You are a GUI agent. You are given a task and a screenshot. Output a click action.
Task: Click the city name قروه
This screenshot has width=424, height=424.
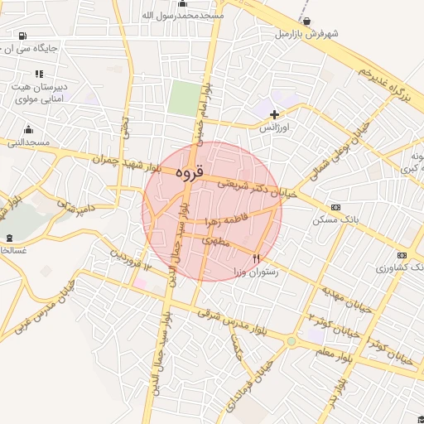click(189, 173)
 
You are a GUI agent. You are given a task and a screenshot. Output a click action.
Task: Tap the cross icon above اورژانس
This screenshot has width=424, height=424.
click(275, 114)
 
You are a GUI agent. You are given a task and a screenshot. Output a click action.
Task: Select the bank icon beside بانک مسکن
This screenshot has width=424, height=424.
click(335, 207)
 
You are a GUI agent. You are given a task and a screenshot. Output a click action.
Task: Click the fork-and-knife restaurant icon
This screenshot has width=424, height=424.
click(257, 259)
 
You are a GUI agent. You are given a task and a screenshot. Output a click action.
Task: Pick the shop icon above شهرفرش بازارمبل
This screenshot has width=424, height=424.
click(307, 22)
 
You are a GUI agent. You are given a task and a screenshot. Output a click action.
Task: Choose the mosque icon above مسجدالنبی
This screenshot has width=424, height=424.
click(29, 129)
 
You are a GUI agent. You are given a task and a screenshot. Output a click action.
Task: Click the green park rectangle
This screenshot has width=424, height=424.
click(181, 99)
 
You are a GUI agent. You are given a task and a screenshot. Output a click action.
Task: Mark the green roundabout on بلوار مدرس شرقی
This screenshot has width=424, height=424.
click(291, 340)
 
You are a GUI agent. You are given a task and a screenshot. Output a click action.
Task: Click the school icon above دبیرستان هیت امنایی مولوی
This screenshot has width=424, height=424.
click(39, 74)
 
